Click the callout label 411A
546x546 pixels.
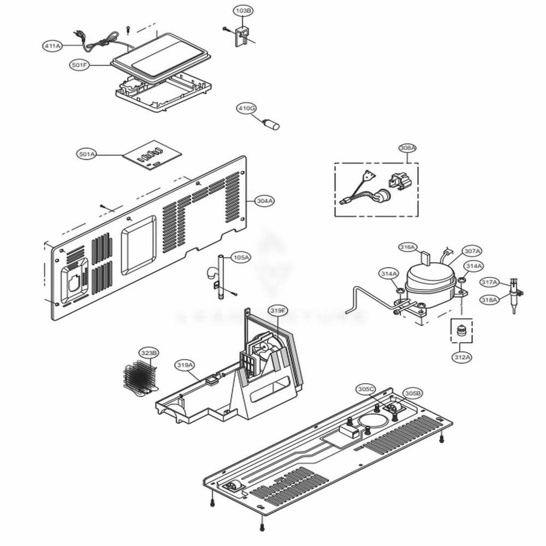pos(52,46)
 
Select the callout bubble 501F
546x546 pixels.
pos(80,65)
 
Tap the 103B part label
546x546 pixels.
pos(244,10)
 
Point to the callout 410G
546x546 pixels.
pos(246,109)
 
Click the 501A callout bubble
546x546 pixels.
pos(87,155)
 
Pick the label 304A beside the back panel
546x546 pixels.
pos(265,201)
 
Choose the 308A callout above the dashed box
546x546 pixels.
pos(407,148)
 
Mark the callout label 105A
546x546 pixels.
pos(241,257)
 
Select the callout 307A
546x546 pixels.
pos(472,251)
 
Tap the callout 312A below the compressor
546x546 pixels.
pos(461,357)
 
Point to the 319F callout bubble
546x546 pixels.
pos(277,310)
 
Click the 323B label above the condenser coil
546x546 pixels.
pos(149,354)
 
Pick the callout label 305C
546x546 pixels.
pos(366,389)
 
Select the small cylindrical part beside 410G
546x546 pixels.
pos(272,125)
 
